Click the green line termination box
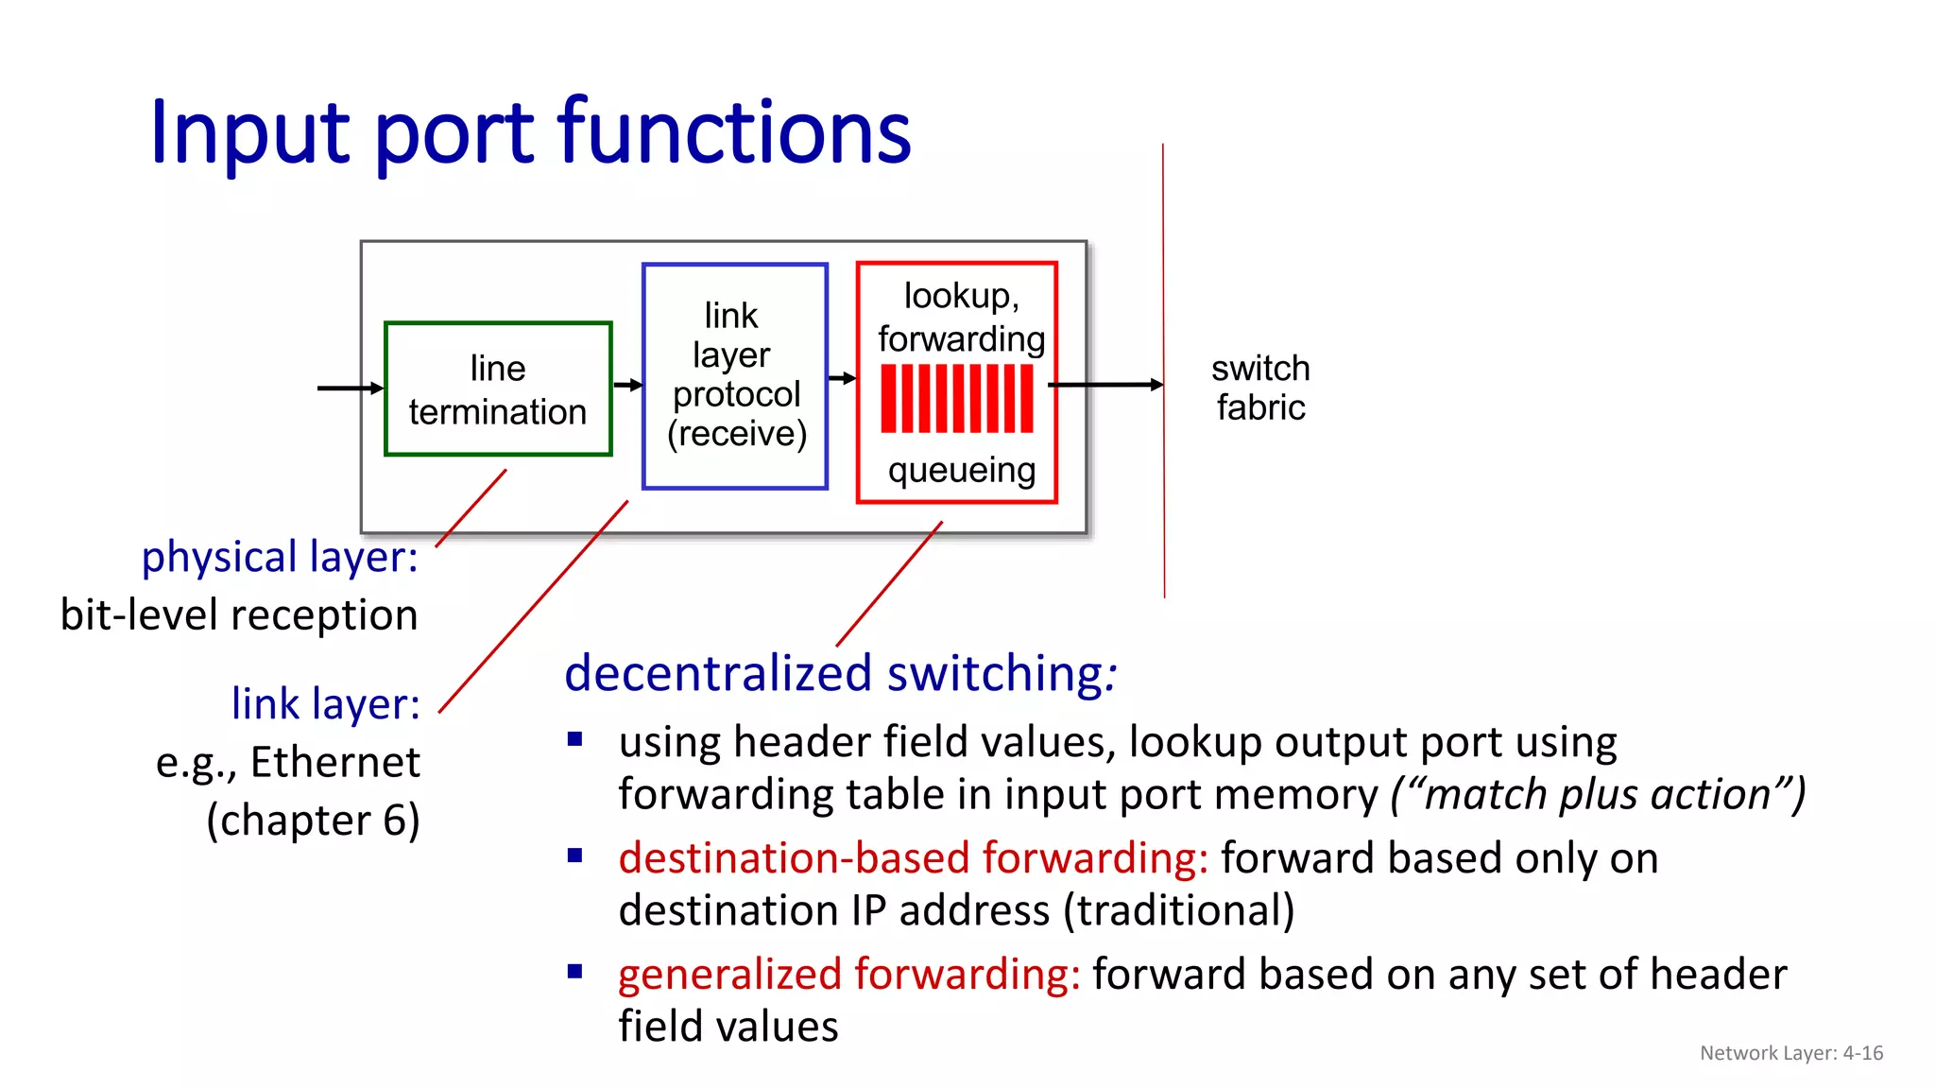(x=498, y=389)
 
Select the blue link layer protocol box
(x=735, y=375)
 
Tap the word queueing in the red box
(x=961, y=470)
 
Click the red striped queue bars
(x=956, y=399)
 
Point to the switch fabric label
(x=1260, y=388)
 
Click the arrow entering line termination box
(x=350, y=388)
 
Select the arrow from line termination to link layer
(x=627, y=385)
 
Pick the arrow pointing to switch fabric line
(x=1105, y=385)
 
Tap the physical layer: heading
(x=280, y=557)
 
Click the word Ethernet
(x=334, y=762)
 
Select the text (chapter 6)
(x=313, y=820)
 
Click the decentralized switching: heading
(x=840, y=673)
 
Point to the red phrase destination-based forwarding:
(x=913, y=858)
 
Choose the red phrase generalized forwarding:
(x=848, y=974)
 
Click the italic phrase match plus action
(x=1597, y=794)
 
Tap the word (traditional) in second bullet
(x=1178, y=910)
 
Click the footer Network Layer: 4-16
(x=1790, y=1053)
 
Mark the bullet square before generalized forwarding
(x=574, y=971)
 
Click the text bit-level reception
(x=239, y=615)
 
